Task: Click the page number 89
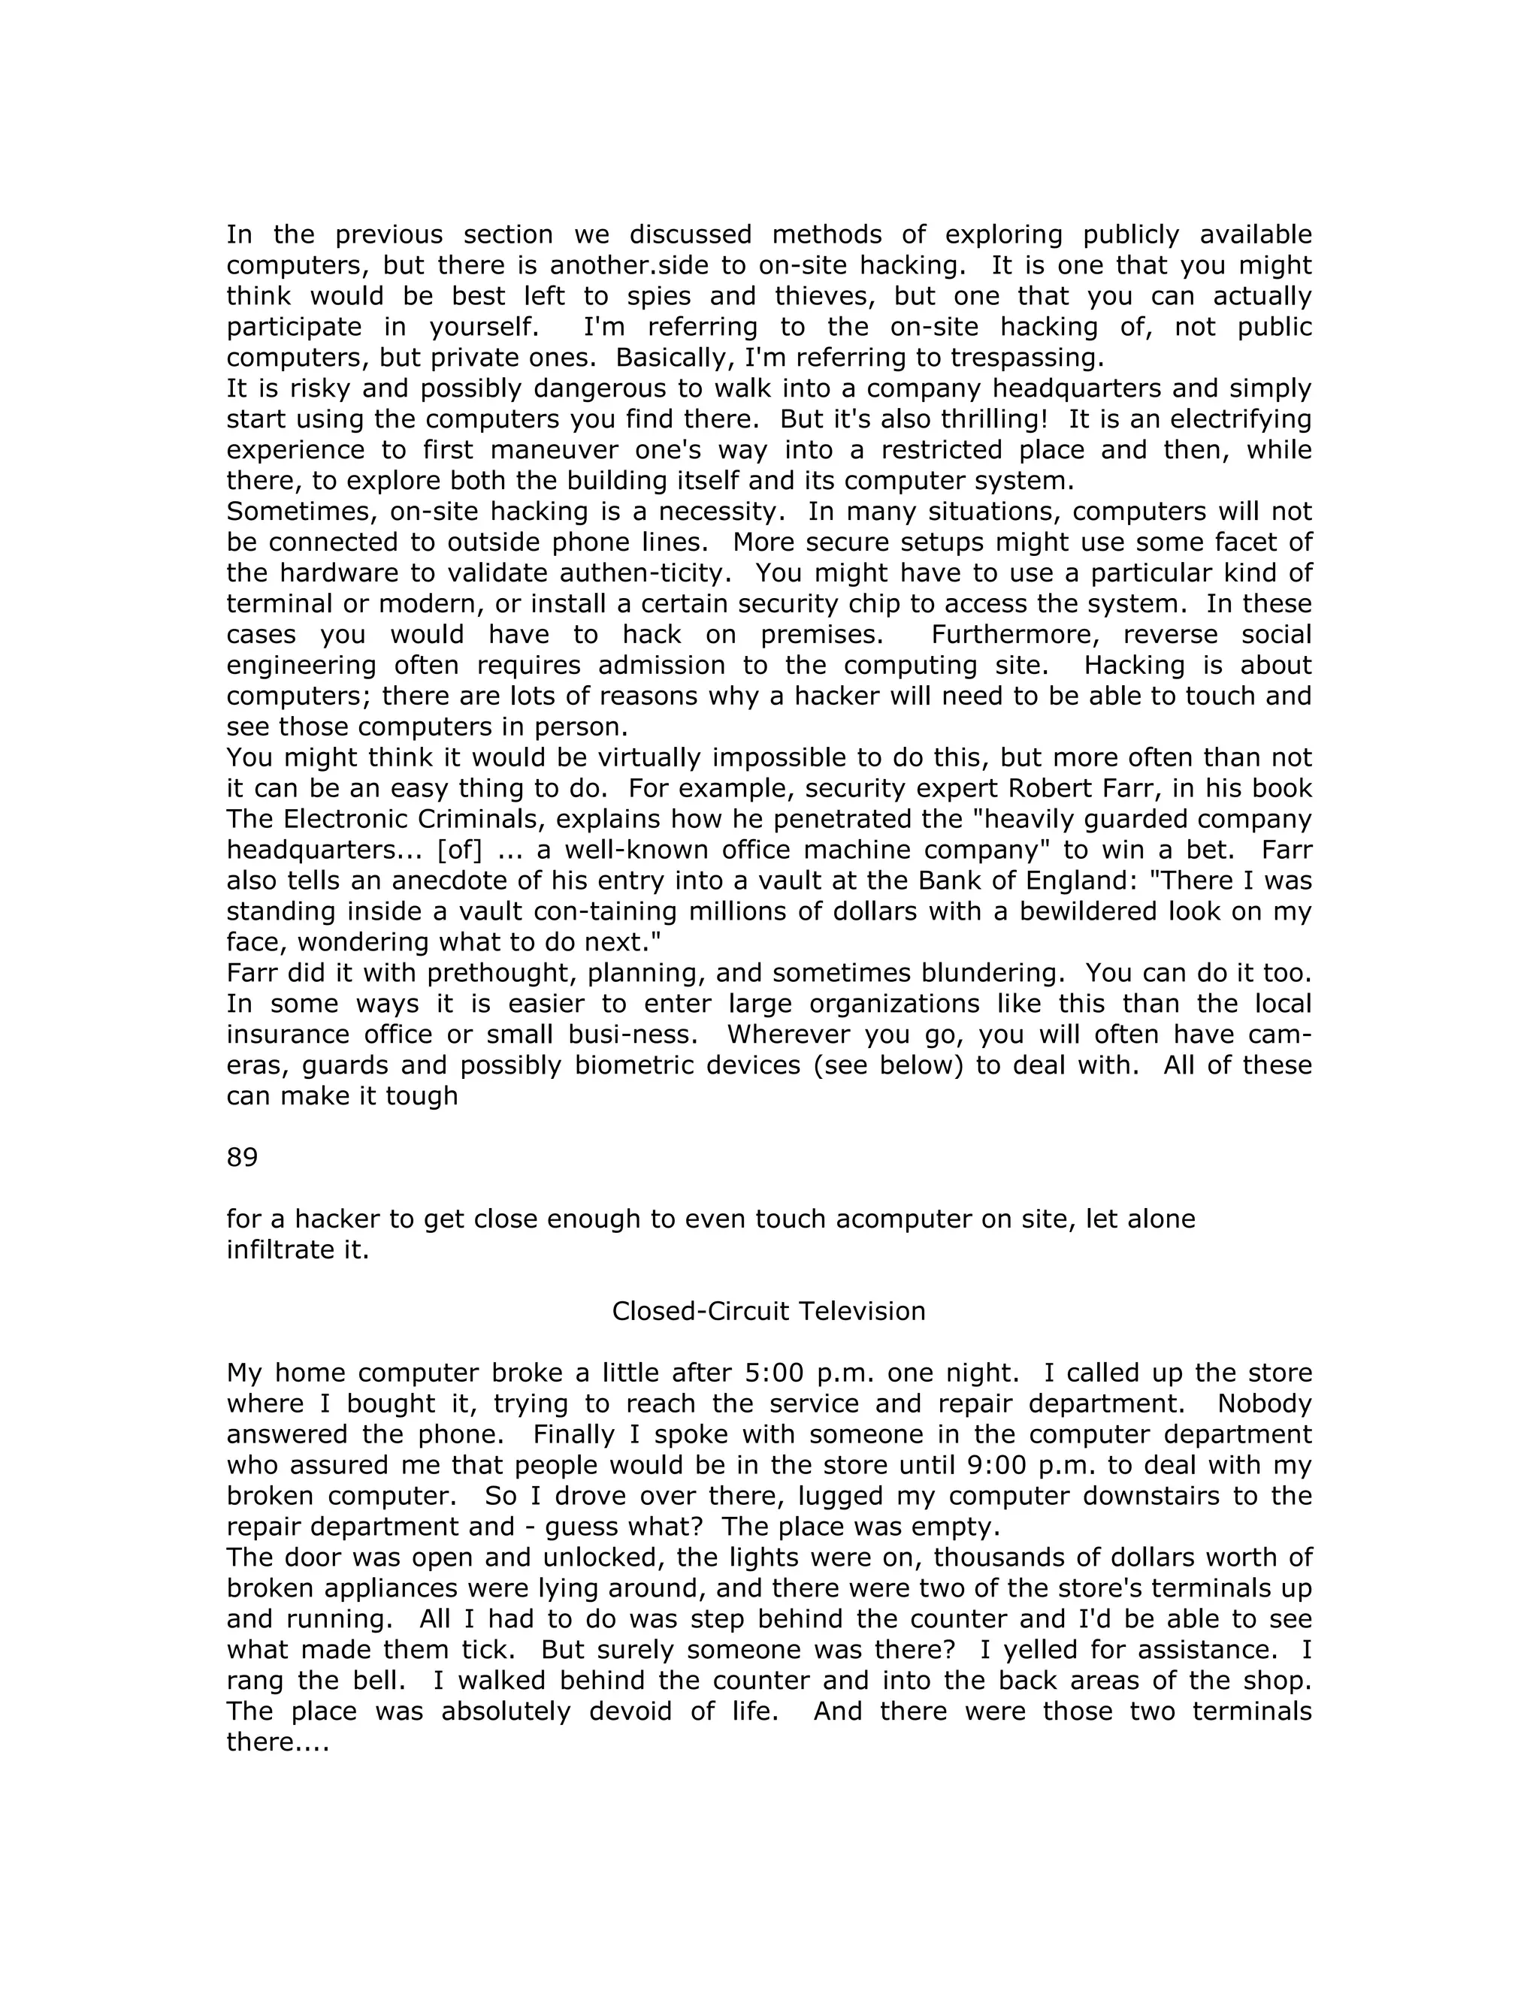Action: click(x=242, y=1157)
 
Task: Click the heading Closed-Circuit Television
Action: click(x=768, y=1311)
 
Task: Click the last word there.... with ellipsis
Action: click(x=277, y=1742)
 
